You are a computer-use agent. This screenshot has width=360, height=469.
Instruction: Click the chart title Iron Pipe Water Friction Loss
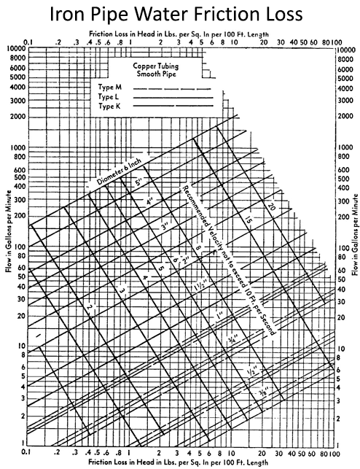click(x=180, y=15)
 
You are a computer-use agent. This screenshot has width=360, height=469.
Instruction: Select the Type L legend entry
click(x=108, y=97)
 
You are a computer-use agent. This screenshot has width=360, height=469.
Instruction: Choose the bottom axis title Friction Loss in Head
click(x=180, y=463)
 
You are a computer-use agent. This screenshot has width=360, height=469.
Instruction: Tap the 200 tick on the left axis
click(x=17, y=217)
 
